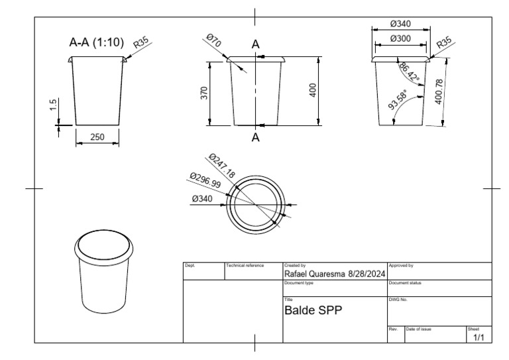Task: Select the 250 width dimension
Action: [x=97, y=137]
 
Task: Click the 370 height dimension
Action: [x=204, y=93]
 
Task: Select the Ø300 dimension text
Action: [x=400, y=38]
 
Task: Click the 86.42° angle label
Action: [x=409, y=72]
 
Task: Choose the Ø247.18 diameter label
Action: [x=221, y=166]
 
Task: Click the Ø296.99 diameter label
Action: [x=205, y=182]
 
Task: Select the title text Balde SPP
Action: [x=313, y=310]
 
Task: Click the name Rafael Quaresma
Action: [x=315, y=274]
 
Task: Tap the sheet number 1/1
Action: [x=479, y=337]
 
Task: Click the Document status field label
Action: [x=404, y=282]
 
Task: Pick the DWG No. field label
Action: [x=397, y=300]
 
